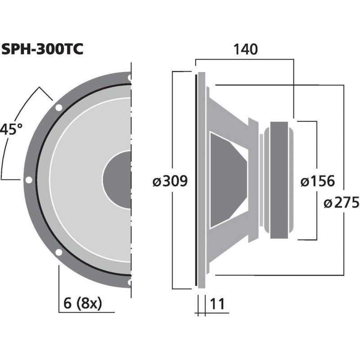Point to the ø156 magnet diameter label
point(317,181)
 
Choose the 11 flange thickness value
point(217,304)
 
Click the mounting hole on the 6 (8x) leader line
point(58,252)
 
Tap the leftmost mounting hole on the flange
point(29,180)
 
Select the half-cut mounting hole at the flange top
point(130,77)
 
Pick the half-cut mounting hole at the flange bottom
point(130,282)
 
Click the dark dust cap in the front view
point(117,180)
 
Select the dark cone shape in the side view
point(227,180)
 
